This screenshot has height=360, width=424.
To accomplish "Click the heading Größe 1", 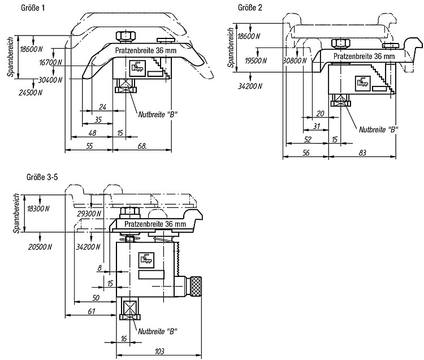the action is [x=33, y=8].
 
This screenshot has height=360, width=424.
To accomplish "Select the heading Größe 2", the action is [x=250, y=7].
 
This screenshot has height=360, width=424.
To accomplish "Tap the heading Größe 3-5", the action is [x=42, y=177].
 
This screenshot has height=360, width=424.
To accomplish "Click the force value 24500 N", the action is [x=31, y=93].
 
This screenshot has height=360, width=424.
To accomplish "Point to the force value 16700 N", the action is [x=50, y=62].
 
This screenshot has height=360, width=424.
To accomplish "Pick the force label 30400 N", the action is [x=50, y=80].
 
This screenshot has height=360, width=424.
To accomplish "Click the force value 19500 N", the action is [x=256, y=60].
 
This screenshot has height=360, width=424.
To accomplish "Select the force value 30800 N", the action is [x=295, y=60].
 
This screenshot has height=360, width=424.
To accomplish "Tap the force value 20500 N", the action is [x=40, y=246].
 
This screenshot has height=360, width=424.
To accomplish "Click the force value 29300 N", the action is [x=89, y=214].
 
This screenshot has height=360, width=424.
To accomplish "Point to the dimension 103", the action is [x=159, y=351].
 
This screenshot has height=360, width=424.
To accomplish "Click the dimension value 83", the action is [x=362, y=153].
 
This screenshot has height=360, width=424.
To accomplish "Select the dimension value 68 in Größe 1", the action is [x=142, y=146].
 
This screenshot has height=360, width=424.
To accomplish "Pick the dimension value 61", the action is [x=92, y=311].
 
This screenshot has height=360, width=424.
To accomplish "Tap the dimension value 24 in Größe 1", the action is [x=102, y=107].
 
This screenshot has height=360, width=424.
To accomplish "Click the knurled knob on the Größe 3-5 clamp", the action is [x=196, y=286].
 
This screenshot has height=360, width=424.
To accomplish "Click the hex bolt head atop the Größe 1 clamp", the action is [x=126, y=36].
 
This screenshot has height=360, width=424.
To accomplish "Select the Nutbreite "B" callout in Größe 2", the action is [x=379, y=129].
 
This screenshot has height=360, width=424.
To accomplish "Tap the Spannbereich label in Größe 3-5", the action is [x=17, y=213].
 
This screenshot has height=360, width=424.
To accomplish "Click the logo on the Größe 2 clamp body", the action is [x=362, y=81].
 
